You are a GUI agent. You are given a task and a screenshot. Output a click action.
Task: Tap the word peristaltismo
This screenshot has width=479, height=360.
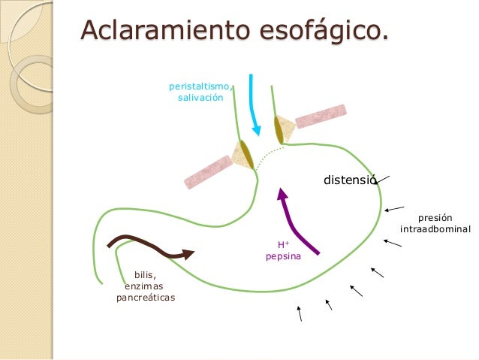(199, 87)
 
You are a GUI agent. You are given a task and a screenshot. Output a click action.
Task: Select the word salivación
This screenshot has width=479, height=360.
(200, 99)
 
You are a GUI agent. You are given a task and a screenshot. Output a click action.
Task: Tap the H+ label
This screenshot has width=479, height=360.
(283, 245)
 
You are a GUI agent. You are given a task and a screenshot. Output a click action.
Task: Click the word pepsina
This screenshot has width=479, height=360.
(283, 257)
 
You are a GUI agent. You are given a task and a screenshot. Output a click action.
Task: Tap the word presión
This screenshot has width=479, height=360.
(435, 217)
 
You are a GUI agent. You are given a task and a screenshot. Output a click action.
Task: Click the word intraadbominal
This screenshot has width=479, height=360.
(435, 228)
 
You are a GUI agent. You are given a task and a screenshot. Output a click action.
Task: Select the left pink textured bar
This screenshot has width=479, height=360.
(209, 171)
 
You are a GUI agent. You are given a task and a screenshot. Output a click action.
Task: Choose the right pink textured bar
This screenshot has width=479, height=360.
(321, 116)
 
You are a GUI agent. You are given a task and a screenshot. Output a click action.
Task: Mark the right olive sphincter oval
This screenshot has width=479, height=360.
(280, 129)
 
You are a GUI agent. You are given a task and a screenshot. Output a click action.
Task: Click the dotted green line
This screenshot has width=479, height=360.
(268, 154)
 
